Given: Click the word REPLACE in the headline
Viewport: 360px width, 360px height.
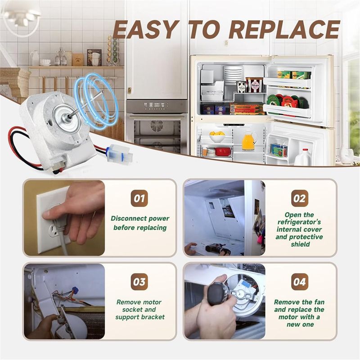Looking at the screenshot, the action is click(284, 30).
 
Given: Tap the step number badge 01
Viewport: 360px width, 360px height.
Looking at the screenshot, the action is click(139, 198).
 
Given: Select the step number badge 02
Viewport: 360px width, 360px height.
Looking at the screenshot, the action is click(299, 198).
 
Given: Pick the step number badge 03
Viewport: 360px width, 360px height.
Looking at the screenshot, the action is click(139, 282).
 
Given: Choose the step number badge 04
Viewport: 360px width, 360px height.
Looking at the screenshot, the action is click(299, 282).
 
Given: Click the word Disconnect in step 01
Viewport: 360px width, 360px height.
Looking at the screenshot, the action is click(128, 218).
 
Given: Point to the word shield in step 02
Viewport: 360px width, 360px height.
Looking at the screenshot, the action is click(300, 244).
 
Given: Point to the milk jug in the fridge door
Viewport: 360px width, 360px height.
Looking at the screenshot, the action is click(303, 157).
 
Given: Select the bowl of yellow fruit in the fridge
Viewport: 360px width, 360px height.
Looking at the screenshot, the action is click(217, 136).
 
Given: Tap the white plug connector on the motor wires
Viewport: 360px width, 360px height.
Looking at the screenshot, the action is click(121, 153).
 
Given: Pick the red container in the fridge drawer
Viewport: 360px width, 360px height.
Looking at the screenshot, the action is click(222, 152).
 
